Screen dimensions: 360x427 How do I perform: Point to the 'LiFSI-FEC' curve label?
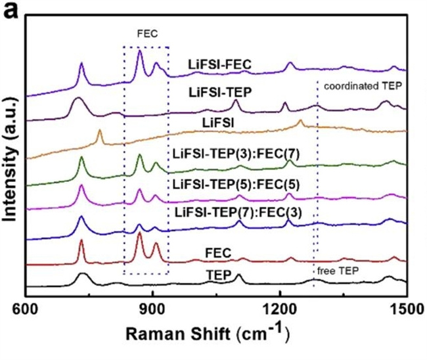(x=221, y=64)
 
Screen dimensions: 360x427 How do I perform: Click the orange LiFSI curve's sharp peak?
(x=99, y=131)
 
